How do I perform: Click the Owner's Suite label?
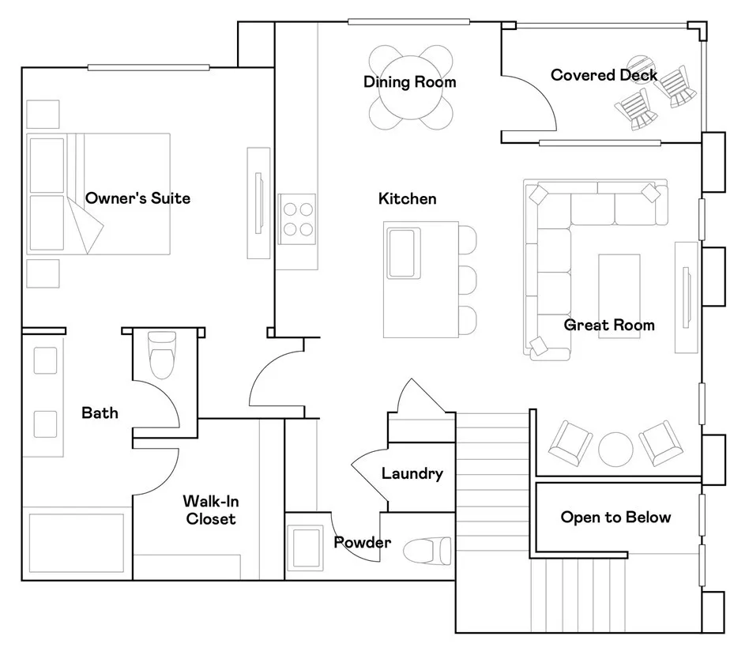137,198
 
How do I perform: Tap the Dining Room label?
410,81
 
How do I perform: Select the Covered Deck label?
604,75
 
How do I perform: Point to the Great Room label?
609,325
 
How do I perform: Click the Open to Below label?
615,517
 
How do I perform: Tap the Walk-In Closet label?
211,510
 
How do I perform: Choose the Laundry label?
412,473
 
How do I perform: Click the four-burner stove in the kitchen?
298,219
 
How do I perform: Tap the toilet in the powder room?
427,551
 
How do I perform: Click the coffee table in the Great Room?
619,296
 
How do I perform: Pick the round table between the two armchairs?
615,449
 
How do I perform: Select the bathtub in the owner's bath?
77,543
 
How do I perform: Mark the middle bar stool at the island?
467,280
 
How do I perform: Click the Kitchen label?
408,199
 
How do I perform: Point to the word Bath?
100,412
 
